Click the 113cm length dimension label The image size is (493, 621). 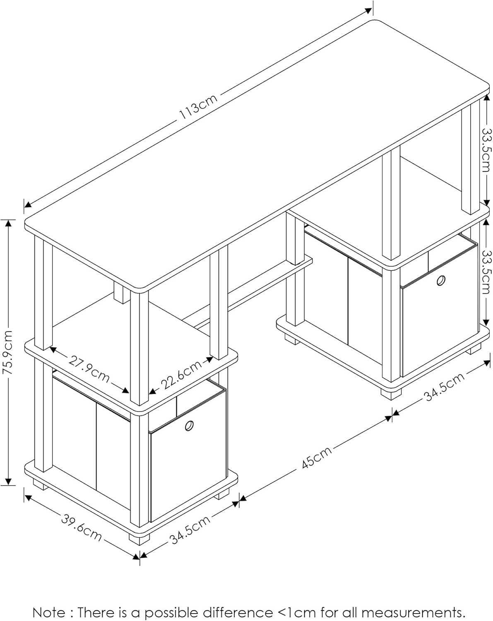(198, 108)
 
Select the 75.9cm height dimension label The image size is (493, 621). (8, 352)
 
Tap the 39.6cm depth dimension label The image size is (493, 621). (82, 527)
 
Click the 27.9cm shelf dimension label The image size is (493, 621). (89, 369)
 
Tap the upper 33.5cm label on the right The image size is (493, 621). (487, 150)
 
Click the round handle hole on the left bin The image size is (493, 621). (190, 426)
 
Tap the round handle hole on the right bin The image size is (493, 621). (441, 281)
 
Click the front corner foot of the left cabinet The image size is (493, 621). (139, 538)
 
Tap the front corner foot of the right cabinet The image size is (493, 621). (391, 394)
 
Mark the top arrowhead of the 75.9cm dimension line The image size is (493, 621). (8, 223)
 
